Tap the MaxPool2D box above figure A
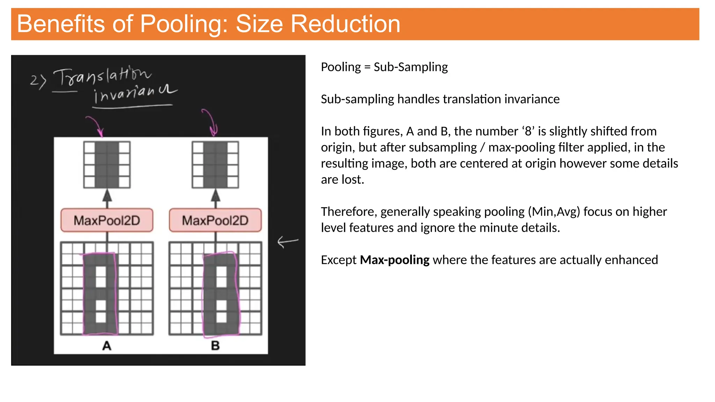coord(107,220)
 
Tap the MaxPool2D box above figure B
coord(215,220)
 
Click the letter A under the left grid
coord(107,345)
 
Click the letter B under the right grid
coord(215,345)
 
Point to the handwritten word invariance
coord(134,94)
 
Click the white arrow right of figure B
coord(288,241)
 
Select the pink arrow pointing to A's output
coord(95,126)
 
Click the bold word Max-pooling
coord(395,260)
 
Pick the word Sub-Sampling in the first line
coord(411,67)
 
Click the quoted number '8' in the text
coord(528,131)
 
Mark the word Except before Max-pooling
coord(339,260)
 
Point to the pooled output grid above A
coord(107,165)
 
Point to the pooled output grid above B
coord(215,165)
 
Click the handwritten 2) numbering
coord(38,81)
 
